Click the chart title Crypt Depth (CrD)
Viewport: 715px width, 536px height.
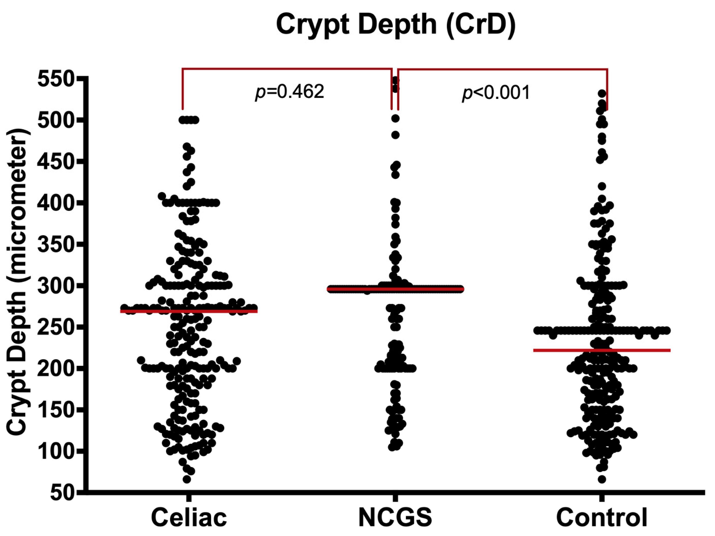coord(396,25)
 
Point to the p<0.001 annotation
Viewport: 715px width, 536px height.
coord(496,93)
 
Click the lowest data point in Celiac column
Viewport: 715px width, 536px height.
coord(187,479)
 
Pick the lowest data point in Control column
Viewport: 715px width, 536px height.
coord(602,479)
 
